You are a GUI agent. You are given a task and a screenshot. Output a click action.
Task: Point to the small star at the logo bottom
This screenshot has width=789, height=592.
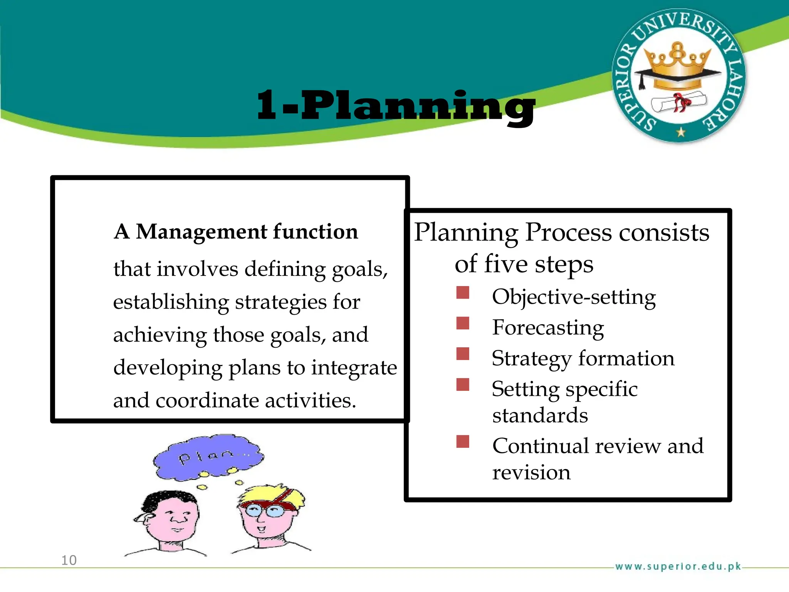tap(681, 132)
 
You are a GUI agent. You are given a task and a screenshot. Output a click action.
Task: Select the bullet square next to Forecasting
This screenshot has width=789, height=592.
tap(463, 323)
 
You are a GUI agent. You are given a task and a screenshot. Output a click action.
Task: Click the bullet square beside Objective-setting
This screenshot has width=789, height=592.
tap(463, 293)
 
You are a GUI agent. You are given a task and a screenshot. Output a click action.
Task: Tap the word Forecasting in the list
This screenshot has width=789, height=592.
tap(548, 328)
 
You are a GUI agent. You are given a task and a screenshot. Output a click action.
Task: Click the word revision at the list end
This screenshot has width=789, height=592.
tap(531, 473)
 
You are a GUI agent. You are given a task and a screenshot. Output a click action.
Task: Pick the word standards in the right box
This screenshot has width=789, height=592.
tap(540, 415)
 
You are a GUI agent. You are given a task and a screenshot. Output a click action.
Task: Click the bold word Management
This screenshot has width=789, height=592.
tap(201, 232)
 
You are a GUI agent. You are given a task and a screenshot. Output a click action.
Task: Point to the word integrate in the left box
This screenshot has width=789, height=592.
tap(354, 367)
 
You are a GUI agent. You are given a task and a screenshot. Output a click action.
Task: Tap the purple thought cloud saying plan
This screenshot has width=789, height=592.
tap(208, 457)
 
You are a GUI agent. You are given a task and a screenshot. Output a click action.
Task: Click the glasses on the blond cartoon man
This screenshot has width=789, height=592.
tap(265, 511)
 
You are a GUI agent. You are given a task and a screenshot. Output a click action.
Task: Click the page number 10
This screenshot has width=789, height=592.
tap(69, 560)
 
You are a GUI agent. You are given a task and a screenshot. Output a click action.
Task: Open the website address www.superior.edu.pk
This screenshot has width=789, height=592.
tap(678, 566)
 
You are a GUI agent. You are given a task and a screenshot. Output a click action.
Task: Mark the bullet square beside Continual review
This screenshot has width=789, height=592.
tap(463, 441)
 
